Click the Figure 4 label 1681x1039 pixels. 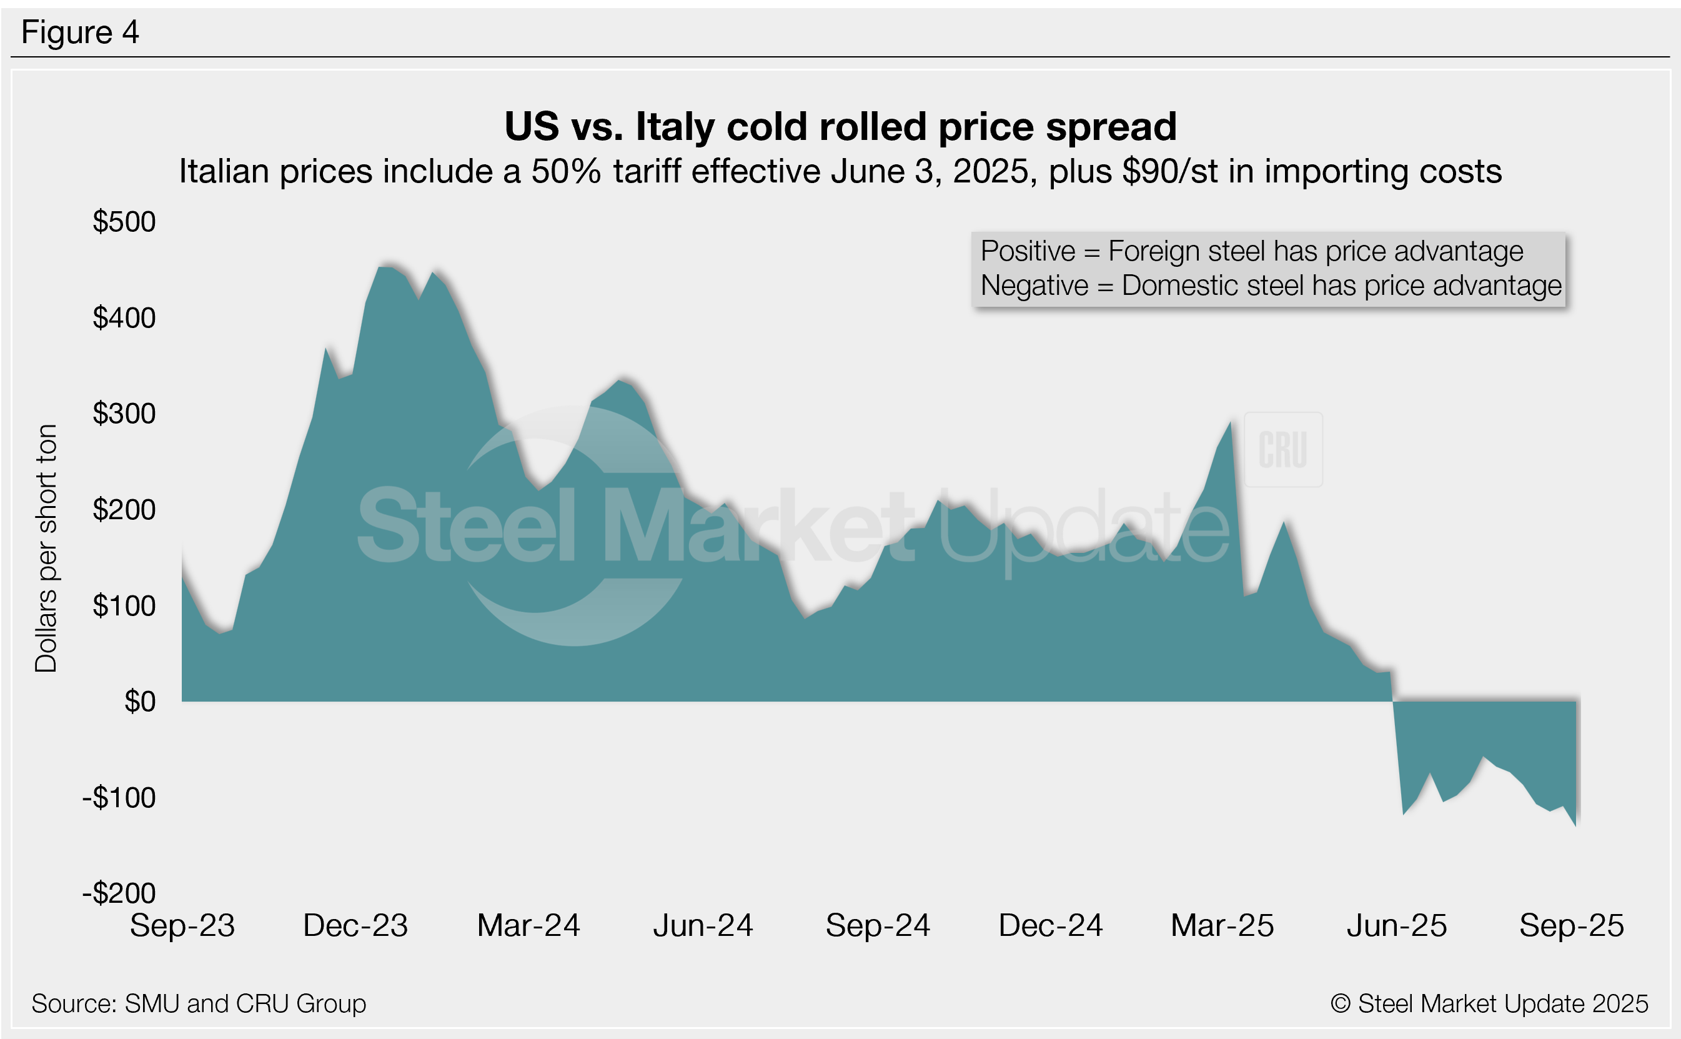click(x=80, y=32)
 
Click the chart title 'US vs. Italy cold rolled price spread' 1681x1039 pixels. click(x=840, y=126)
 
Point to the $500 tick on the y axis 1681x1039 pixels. click(x=124, y=222)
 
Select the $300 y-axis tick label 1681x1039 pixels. click(x=124, y=414)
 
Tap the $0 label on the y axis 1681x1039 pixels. click(x=139, y=702)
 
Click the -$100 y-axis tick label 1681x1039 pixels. click(x=119, y=798)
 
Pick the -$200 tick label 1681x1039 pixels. click(x=119, y=893)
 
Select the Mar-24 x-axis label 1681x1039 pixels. click(x=528, y=926)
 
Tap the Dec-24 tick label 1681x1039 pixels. click(x=1050, y=926)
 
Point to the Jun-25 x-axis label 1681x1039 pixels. click(x=1397, y=926)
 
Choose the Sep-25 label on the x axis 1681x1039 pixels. click(x=1571, y=926)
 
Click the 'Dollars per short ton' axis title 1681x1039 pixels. click(x=46, y=548)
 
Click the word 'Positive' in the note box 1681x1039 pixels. click(x=1027, y=252)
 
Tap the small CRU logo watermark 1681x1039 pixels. click(x=1282, y=450)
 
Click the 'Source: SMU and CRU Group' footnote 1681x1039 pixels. click(x=199, y=1004)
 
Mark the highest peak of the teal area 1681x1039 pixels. click(x=385, y=267)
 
